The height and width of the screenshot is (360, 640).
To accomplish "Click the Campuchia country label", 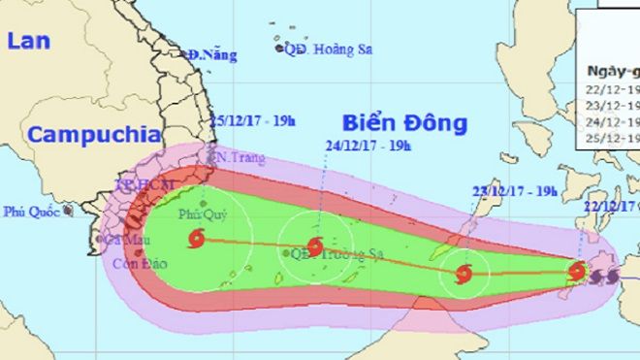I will click(x=84, y=135).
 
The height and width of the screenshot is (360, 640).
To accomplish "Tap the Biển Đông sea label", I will click(x=404, y=123).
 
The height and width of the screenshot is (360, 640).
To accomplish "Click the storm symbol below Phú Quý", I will click(x=198, y=238).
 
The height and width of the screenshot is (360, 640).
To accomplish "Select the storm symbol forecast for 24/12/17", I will click(x=315, y=246).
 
